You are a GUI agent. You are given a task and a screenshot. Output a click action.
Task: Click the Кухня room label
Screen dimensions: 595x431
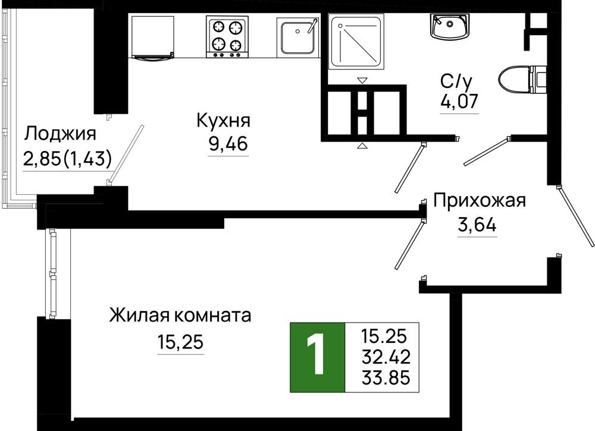(x=224, y=121)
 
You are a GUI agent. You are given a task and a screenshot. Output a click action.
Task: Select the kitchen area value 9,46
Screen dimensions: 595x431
(x=228, y=143)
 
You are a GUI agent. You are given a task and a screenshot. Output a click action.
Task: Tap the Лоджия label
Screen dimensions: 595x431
(x=60, y=134)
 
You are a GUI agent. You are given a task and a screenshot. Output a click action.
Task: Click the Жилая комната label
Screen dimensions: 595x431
(x=180, y=315)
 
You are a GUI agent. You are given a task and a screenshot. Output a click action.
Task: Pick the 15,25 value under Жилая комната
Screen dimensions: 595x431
(x=181, y=342)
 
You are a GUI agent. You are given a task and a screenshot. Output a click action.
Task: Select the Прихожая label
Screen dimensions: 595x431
(x=480, y=201)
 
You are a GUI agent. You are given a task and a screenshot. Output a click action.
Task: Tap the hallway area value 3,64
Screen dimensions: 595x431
(x=477, y=225)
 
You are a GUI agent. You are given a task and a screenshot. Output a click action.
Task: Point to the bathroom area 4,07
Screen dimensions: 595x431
(x=459, y=101)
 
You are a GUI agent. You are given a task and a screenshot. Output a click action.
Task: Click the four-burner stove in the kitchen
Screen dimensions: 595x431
(x=227, y=37)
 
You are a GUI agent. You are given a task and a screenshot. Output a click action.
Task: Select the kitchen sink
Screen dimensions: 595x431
(x=297, y=37)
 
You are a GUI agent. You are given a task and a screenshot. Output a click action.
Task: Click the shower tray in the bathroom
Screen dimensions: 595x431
(x=356, y=42)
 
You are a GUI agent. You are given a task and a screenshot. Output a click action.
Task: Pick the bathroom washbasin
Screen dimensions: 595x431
(x=450, y=26)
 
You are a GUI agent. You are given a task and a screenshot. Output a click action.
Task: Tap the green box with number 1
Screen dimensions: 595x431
(x=317, y=357)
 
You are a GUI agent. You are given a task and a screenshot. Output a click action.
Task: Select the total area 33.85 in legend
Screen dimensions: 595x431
(x=386, y=377)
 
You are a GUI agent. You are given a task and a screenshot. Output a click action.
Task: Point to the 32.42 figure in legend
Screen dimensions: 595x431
(x=386, y=357)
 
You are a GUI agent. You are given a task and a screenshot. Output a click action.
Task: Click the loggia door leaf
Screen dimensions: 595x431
(x=126, y=154)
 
